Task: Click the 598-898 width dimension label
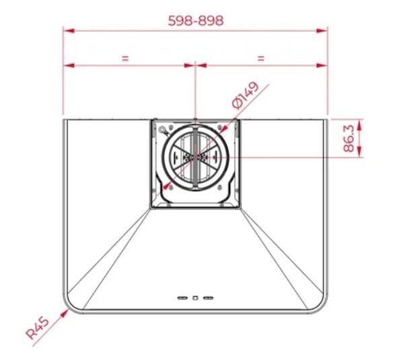[196, 21]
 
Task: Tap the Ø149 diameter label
[245, 96]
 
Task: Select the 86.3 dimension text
[348, 138]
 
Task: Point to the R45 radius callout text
[38, 328]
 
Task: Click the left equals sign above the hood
[125, 59]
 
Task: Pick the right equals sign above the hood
[261, 59]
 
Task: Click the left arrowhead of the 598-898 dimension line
[69, 31]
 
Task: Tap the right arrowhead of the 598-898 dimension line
[322, 31]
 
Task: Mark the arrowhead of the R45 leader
[65, 313]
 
